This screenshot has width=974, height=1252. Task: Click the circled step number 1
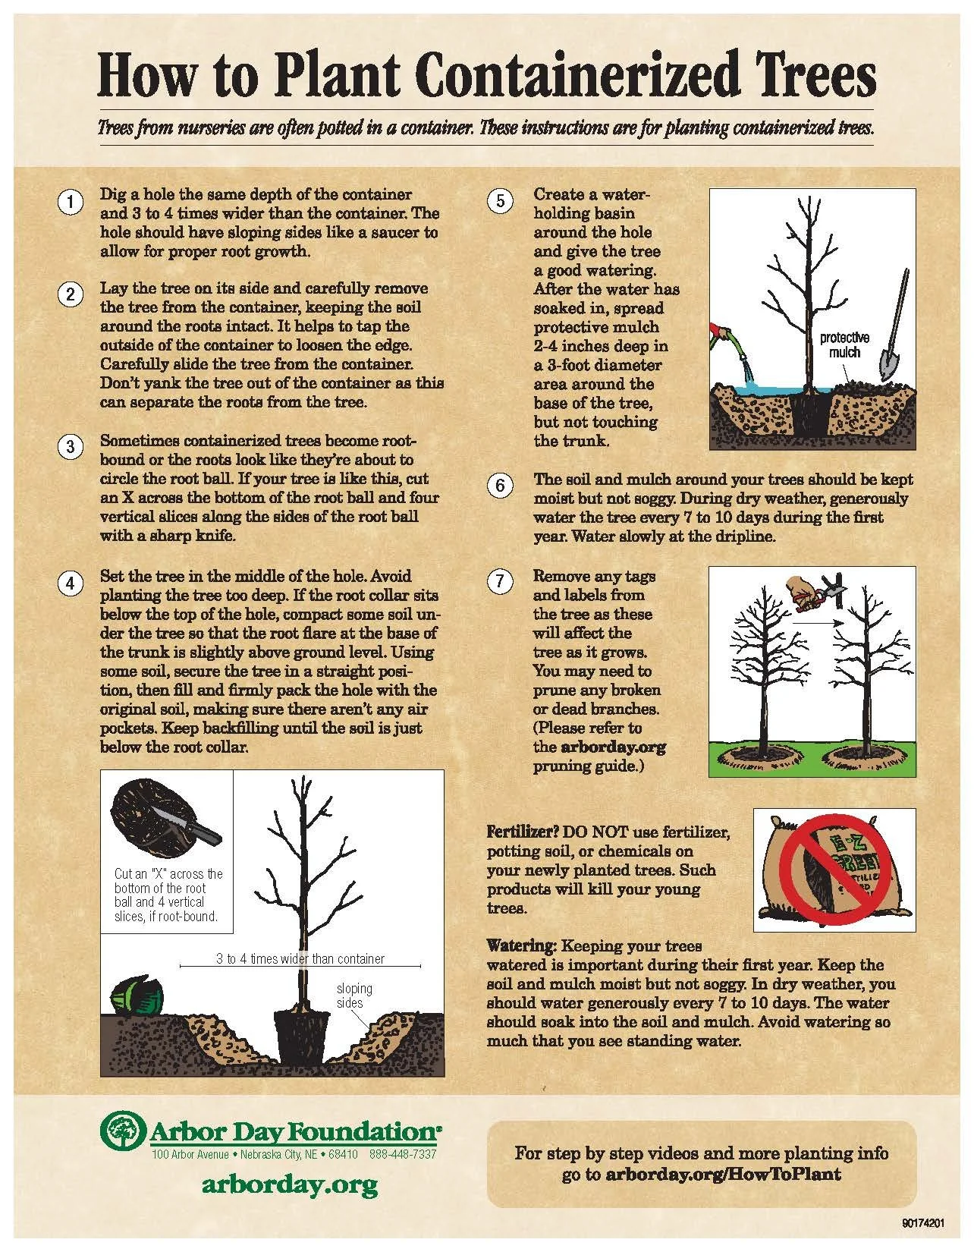coord(70,203)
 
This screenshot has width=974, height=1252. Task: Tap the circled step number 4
coord(70,584)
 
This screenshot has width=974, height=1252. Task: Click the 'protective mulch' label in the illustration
coord(844,345)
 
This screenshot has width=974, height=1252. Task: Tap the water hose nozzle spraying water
coord(724,335)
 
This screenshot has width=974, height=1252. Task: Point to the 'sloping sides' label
coord(354,996)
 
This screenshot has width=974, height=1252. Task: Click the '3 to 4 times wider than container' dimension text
coord(300,958)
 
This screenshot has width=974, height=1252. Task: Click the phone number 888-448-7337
coord(403,1155)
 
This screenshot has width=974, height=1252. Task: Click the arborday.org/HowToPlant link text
coord(723,1174)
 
